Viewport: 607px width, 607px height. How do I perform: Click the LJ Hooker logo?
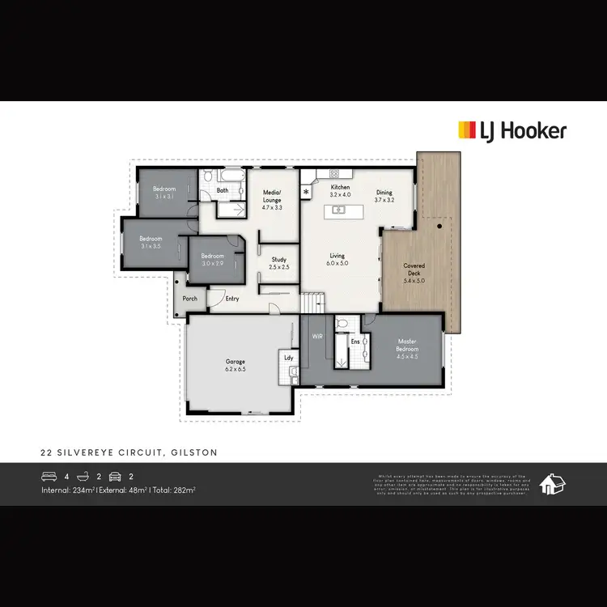512,130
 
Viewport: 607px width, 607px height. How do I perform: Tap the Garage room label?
235,365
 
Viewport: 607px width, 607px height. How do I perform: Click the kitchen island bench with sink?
339,210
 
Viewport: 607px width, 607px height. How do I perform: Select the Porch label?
190,299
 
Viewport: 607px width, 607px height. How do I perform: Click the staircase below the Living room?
313,303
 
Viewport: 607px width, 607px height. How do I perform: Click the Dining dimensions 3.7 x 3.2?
384,200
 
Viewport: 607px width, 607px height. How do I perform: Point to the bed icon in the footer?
49,476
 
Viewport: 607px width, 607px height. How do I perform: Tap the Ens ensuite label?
354,342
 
